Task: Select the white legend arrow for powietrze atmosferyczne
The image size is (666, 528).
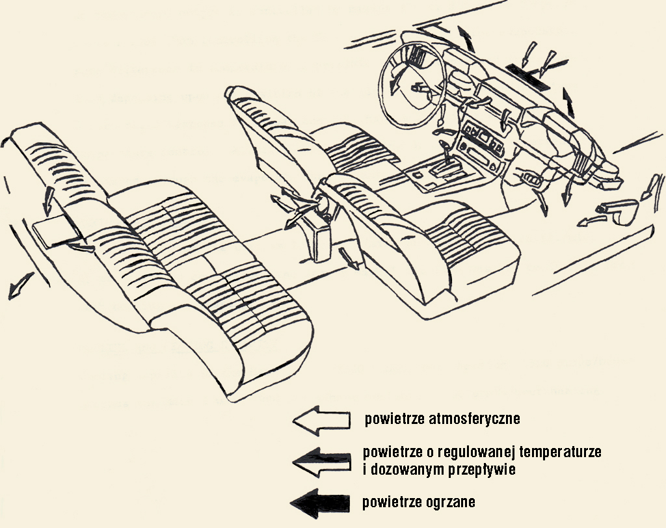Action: pyautogui.click(x=321, y=420)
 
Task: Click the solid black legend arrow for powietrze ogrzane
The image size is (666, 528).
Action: pyautogui.click(x=320, y=503)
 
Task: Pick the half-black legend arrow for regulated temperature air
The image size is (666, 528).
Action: pyautogui.click(x=321, y=462)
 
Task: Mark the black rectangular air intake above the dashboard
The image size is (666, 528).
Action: pyautogui.click(x=528, y=77)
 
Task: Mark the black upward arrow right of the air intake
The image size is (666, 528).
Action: pyautogui.click(x=568, y=102)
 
